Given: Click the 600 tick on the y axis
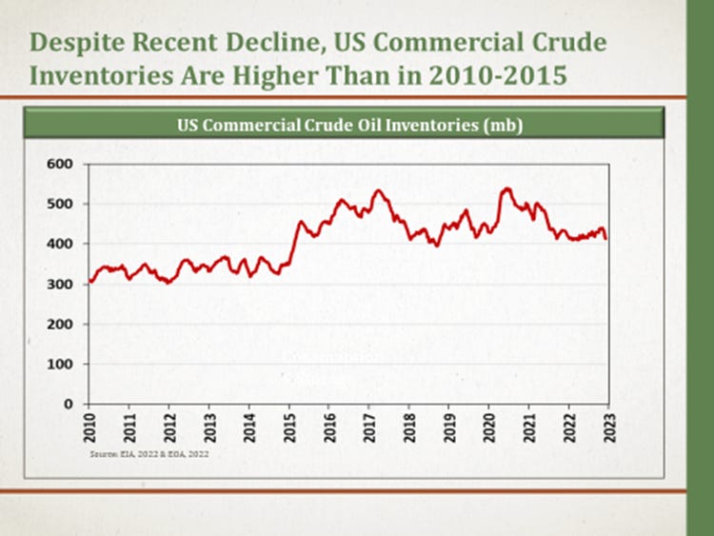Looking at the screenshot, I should [60, 164].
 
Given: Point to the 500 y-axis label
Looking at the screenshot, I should [60, 204].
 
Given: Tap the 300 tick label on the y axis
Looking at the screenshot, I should [60, 284].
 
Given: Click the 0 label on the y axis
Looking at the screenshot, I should [69, 404].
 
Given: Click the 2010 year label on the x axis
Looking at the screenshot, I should [89, 427].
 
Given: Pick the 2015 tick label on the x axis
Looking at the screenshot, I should [288, 427].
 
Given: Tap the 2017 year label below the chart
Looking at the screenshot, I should [368, 427].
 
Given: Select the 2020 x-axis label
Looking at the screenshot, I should [488, 427].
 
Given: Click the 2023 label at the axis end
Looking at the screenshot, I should [608, 427].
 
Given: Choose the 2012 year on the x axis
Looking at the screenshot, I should [169, 427].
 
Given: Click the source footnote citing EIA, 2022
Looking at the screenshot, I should [149, 455].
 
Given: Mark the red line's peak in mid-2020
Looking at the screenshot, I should [506, 189].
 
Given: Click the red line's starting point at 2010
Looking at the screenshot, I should [89, 281].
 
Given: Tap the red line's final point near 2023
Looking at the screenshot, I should [606, 238].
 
